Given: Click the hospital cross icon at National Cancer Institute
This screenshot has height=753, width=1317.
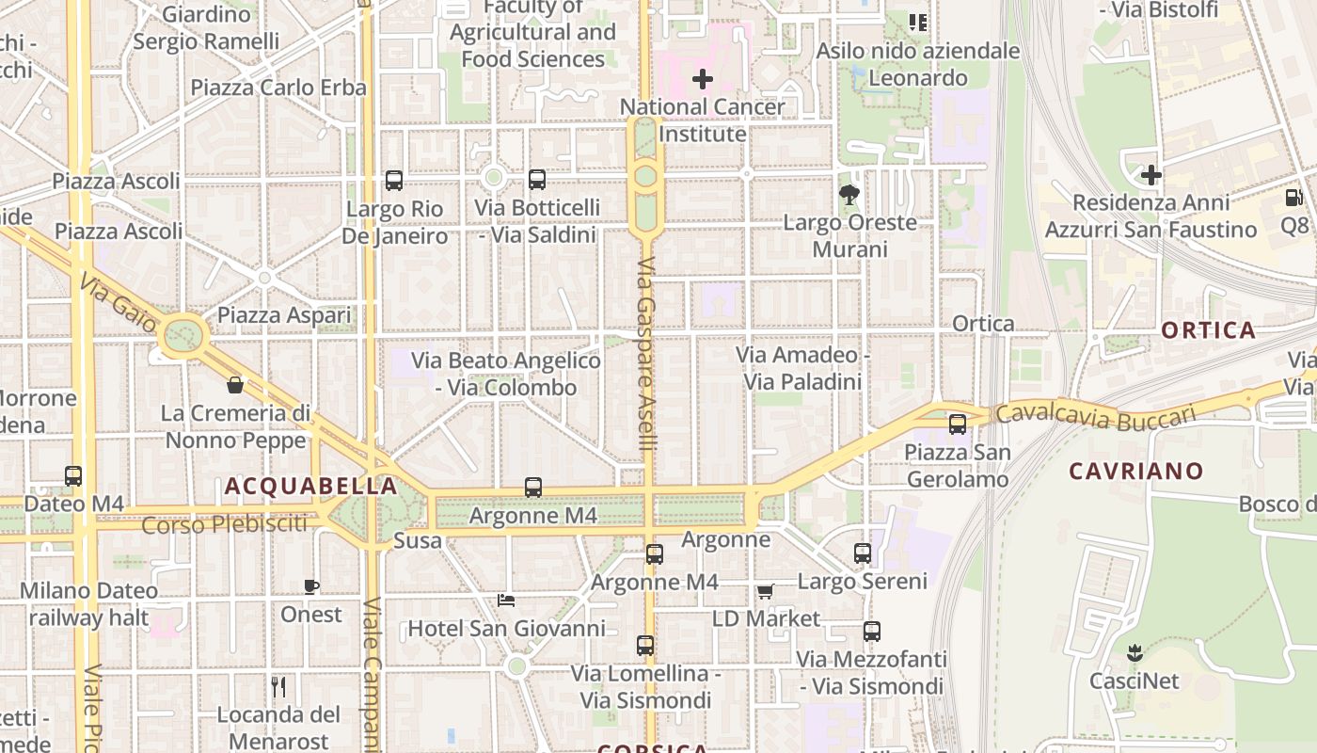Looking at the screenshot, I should (703, 79).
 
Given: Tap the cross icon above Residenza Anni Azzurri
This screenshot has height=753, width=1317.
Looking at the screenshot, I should (1150, 175).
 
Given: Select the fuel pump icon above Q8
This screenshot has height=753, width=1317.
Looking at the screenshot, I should (1293, 198).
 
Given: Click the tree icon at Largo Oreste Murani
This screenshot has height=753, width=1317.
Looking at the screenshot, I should (849, 195).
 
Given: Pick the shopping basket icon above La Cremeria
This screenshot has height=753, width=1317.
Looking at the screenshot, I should (235, 385).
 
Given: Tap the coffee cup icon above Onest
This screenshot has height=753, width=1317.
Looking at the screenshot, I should (311, 587).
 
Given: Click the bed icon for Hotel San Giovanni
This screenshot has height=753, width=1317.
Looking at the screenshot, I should (506, 601).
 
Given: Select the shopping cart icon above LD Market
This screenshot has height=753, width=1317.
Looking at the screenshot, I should (766, 592).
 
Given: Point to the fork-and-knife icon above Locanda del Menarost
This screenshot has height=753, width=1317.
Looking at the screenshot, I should (278, 686).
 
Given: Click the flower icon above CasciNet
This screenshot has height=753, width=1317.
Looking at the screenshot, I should (1135, 652).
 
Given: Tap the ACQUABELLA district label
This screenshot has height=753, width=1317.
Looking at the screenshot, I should (310, 486).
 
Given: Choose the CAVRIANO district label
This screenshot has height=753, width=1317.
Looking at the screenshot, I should (1136, 471).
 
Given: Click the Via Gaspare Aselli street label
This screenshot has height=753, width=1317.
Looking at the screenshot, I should (645, 355).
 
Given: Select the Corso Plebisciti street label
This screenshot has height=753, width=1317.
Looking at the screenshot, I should (224, 524).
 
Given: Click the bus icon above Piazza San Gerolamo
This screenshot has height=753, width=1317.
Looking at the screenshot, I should (958, 425).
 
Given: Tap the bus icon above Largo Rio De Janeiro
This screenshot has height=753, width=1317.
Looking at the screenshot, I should (394, 181).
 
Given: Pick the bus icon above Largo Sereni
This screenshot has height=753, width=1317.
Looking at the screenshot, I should (863, 553).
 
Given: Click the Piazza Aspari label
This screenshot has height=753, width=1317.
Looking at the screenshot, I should (284, 315).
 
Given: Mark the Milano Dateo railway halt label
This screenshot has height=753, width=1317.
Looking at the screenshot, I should (89, 604).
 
